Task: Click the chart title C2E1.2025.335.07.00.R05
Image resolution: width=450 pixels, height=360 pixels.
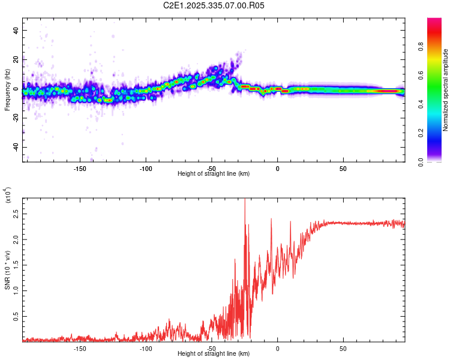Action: (214, 5)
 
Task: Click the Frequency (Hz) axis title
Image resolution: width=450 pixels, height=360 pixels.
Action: (7, 90)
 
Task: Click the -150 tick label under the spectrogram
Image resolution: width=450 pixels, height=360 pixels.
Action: (80, 168)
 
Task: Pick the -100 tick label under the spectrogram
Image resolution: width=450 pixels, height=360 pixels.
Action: (146, 168)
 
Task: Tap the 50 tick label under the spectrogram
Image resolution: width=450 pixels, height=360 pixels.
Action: (343, 168)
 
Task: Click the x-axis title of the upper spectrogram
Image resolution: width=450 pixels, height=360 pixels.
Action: (214, 174)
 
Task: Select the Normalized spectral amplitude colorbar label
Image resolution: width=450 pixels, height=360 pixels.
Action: (446, 90)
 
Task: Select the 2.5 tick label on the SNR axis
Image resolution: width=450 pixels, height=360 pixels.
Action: (16, 213)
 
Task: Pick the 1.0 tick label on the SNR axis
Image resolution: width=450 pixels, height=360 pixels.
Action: (16, 290)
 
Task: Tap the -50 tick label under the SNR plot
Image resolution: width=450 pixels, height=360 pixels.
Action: (212, 348)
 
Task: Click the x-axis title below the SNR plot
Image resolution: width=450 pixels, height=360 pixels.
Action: (214, 354)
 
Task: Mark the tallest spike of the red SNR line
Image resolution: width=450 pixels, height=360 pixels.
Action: (245, 200)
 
